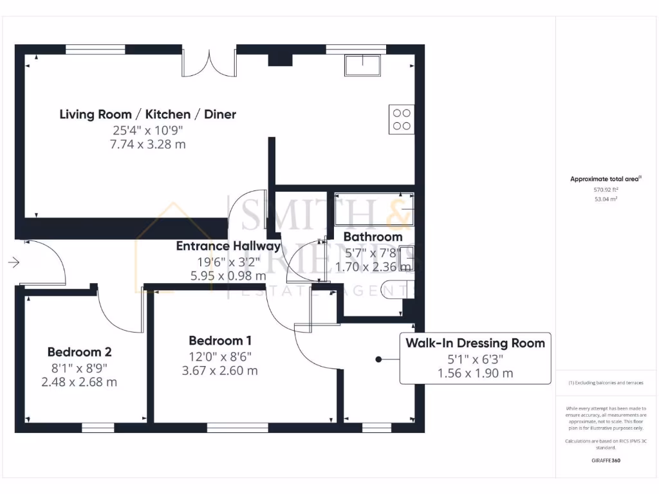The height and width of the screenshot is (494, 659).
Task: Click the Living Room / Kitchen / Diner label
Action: point(148,114)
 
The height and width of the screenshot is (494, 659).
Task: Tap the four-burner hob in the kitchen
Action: point(401,120)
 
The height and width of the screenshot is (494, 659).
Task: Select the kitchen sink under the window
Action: point(362,65)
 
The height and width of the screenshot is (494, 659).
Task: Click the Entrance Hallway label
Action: point(228,246)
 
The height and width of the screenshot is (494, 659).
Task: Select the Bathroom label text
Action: point(373,237)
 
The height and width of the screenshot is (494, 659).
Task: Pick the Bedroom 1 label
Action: point(220,341)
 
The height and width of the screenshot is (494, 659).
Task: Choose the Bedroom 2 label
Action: point(79,352)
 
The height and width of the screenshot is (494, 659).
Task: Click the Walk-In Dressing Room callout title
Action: point(475,343)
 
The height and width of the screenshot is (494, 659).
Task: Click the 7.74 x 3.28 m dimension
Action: point(148,144)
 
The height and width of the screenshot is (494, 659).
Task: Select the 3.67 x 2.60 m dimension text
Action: point(220,370)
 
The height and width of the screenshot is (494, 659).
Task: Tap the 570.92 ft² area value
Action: point(605,190)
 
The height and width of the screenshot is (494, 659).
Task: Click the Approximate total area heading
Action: point(605,179)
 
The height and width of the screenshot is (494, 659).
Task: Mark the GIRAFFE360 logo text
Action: point(605,461)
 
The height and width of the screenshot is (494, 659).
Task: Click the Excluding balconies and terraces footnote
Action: point(605,383)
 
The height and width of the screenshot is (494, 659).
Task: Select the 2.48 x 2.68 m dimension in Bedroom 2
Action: point(79,382)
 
